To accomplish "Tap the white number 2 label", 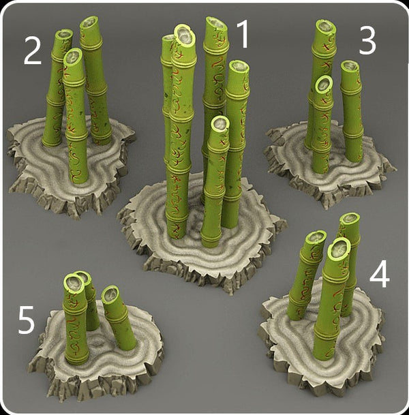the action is tap(32, 50).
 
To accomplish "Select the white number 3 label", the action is tap(367, 41).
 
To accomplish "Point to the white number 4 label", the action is tap(380, 274).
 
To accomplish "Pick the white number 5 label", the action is tap(26, 320).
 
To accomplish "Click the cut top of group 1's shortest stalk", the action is tap(220, 123).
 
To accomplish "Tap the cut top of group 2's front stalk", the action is tap(73, 57).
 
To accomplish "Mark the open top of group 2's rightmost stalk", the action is tap(89, 23).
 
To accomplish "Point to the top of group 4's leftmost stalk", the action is tap(316, 237).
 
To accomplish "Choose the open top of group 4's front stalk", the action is tap(339, 249).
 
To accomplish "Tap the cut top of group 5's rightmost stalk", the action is tap(110, 294).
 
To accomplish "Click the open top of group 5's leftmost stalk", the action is tap(74, 283).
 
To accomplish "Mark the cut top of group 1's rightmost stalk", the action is tap(239, 67).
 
